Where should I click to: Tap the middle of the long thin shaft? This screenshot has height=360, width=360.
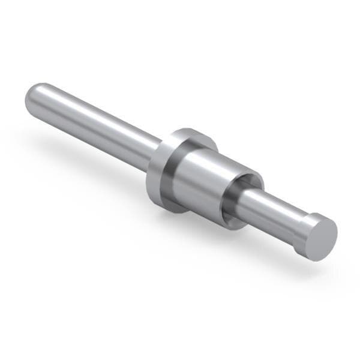point(90,123)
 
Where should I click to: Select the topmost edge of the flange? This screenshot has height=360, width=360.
point(192,130)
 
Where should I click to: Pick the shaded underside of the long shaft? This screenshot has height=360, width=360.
point(90,135)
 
